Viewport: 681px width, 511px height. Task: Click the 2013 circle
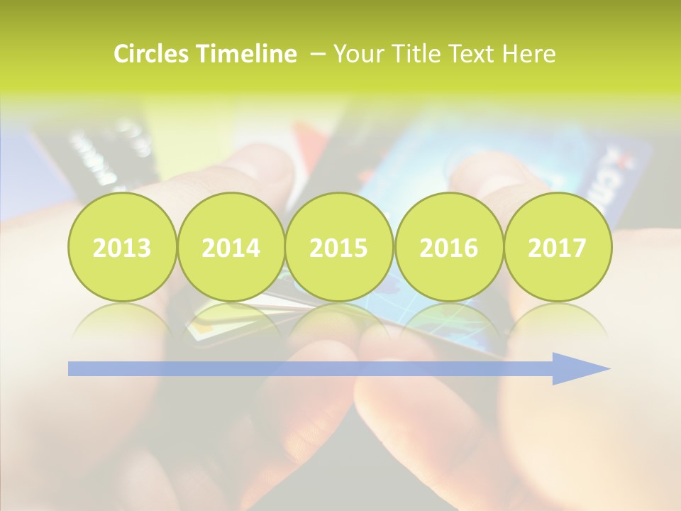point(122,247)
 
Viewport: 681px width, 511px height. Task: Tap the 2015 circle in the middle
point(339,247)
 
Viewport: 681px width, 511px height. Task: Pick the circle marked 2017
point(558,247)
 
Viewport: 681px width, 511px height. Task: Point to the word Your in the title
point(355,54)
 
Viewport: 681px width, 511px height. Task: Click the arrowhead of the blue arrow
point(582,368)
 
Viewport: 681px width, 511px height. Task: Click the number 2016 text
point(448,248)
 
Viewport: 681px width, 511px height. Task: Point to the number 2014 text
point(231,248)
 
